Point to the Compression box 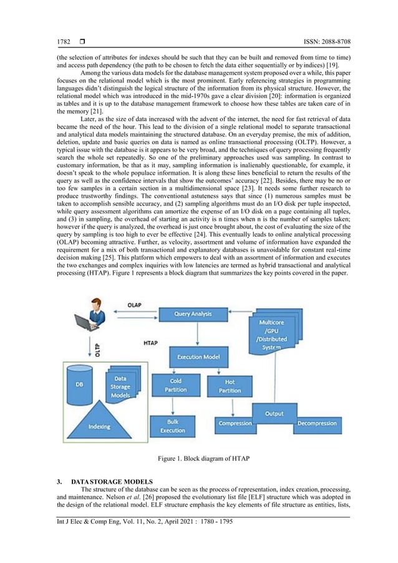[235, 424]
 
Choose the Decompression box [318, 424]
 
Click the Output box [274, 413]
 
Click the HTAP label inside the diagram [150, 343]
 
